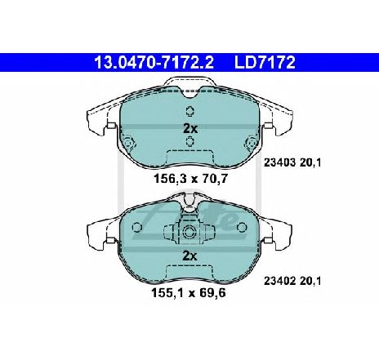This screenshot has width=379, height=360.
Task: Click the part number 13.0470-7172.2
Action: tap(154, 62)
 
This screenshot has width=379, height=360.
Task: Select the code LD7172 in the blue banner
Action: tap(265, 62)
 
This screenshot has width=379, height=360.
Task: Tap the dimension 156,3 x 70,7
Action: tap(190, 179)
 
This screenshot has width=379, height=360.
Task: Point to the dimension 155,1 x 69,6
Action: tap(189, 293)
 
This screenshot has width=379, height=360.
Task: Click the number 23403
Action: tap(279, 162)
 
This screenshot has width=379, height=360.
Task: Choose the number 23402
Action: tap(279, 281)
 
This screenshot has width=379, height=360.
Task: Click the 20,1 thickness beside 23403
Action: tap(310, 162)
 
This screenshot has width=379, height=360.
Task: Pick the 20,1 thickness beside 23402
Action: tap(310, 281)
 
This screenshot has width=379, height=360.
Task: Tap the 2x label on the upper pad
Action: tap(190, 129)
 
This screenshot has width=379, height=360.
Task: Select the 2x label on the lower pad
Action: tap(189, 256)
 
